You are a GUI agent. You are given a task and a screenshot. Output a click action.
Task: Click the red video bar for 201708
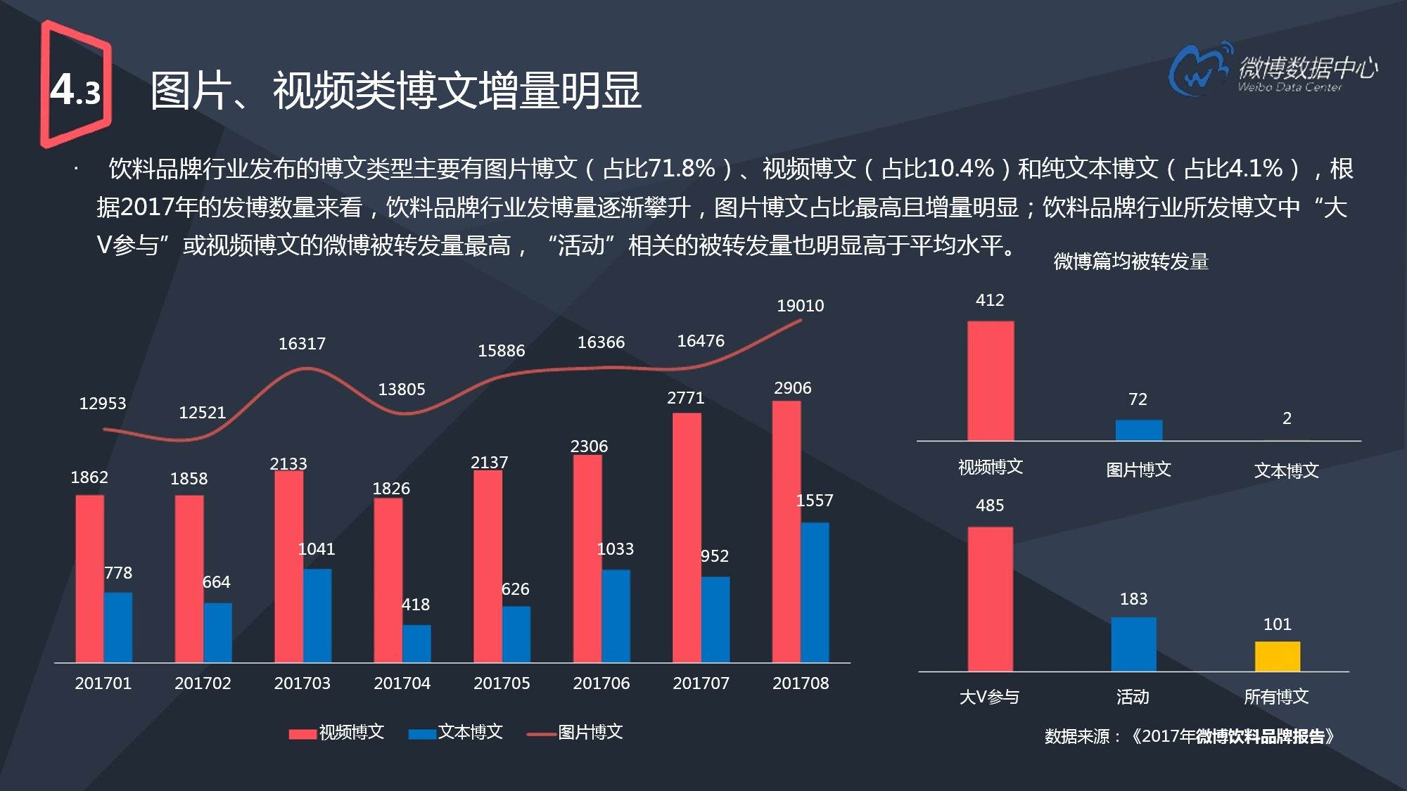click(786, 532)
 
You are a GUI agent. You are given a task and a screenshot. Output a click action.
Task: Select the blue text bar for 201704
click(416, 643)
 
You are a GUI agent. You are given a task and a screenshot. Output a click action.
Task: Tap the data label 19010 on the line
click(800, 306)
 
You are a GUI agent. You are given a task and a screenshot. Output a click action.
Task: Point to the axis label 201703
click(302, 683)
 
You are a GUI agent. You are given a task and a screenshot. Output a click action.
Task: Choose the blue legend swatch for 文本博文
click(422, 734)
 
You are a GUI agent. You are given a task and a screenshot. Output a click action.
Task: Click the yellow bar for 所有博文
click(1277, 657)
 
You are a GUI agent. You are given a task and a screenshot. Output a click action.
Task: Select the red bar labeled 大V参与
click(990, 599)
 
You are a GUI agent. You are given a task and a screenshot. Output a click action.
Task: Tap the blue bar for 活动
click(1133, 644)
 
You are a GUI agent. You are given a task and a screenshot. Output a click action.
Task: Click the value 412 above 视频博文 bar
click(990, 300)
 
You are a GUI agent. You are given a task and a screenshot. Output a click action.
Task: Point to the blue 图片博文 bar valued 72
click(1138, 430)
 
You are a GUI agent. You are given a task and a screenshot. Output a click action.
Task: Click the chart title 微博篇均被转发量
click(1131, 262)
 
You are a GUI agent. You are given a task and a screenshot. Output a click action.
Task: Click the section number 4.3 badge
click(76, 88)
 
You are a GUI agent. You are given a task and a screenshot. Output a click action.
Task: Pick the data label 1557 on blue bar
click(814, 501)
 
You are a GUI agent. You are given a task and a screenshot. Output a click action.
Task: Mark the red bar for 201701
click(89, 579)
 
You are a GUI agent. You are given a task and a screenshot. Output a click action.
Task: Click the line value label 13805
click(402, 390)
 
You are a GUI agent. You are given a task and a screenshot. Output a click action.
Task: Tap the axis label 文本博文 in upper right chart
click(1286, 470)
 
